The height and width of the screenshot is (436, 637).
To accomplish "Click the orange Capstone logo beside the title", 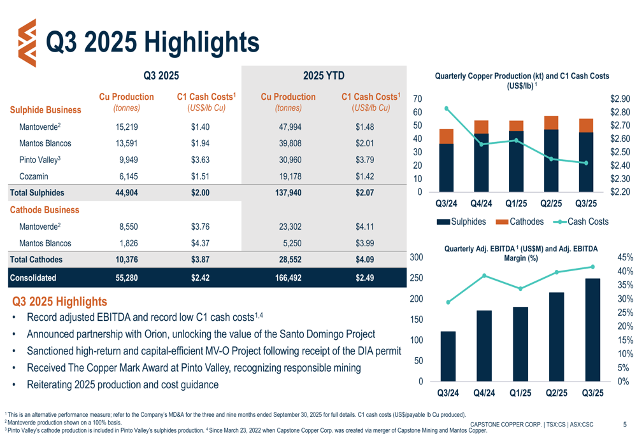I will [x=27, y=43].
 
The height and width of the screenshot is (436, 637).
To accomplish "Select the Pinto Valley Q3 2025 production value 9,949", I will [x=127, y=159].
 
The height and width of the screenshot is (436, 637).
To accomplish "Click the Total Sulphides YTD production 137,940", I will [x=288, y=192].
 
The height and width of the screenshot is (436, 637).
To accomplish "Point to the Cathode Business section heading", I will [x=45, y=209].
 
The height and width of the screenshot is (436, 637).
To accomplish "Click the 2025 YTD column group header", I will [x=324, y=76].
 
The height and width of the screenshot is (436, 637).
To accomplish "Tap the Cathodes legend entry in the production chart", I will [x=519, y=222].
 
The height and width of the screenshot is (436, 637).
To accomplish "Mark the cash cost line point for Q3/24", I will [x=447, y=108].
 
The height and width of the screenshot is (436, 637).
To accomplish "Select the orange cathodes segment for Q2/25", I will [x=552, y=122].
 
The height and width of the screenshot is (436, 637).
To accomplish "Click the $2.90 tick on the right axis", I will [x=620, y=99].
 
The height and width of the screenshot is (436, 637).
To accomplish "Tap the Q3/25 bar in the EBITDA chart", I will [x=592, y=330].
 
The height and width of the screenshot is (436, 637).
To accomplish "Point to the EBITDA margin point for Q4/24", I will [x=484, y=276].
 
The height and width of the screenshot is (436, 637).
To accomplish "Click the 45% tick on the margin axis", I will [x=626, y=257].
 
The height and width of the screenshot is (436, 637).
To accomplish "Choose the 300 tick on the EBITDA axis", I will [x=416, y=257].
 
